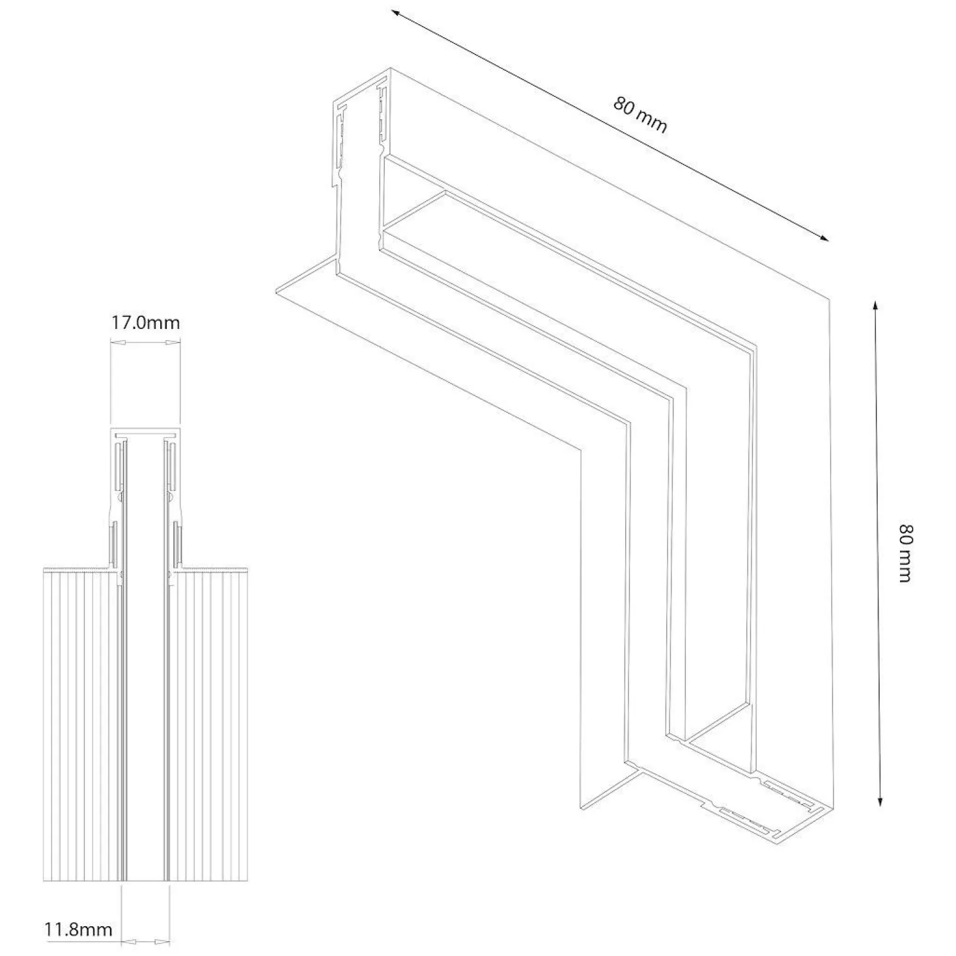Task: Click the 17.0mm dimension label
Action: click(145, 322)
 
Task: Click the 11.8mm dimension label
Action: click(78, 929)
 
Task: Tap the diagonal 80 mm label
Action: click(640, 115)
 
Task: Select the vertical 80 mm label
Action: click(906, 553)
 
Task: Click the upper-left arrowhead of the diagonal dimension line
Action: click(395, 13)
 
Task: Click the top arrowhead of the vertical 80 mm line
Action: click(875, 306)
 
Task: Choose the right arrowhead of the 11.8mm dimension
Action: click(163, 942)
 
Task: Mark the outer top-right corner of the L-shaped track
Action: click(829, 299)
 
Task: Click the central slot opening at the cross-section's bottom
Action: click(146, 880)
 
